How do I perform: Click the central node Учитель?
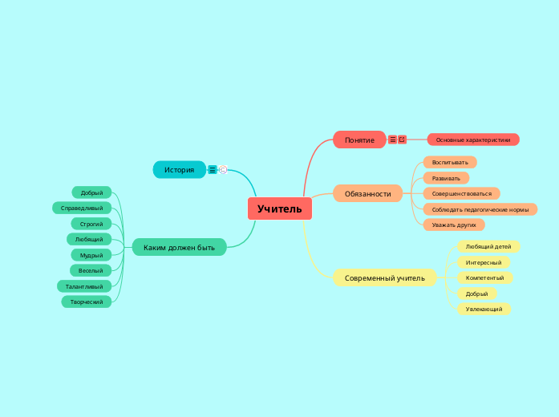coord(280,209)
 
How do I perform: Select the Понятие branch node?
coord(359,140)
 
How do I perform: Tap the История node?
coord(180,170)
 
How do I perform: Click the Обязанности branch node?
coord(367,193)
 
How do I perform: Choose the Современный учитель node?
coord(384,278)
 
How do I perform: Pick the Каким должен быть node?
coord(179,248)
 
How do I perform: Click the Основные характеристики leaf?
coord(473,140)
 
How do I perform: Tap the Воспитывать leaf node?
coord(450,162)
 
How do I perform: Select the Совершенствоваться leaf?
coord(461,193)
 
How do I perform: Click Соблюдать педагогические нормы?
coord(480,209)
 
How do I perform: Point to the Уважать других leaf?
coord(454,225)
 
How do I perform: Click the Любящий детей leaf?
coord(488,247)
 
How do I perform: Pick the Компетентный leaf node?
coord(484,277)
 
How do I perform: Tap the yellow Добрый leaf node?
coord(476,294)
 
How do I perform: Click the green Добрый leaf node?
coord(91,192)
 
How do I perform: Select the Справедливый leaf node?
coord(82,208)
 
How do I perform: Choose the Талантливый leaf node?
coord(84,286)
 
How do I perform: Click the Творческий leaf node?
coord(86,302)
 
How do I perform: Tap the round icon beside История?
coord(223,169)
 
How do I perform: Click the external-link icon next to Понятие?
coord(402,140)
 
